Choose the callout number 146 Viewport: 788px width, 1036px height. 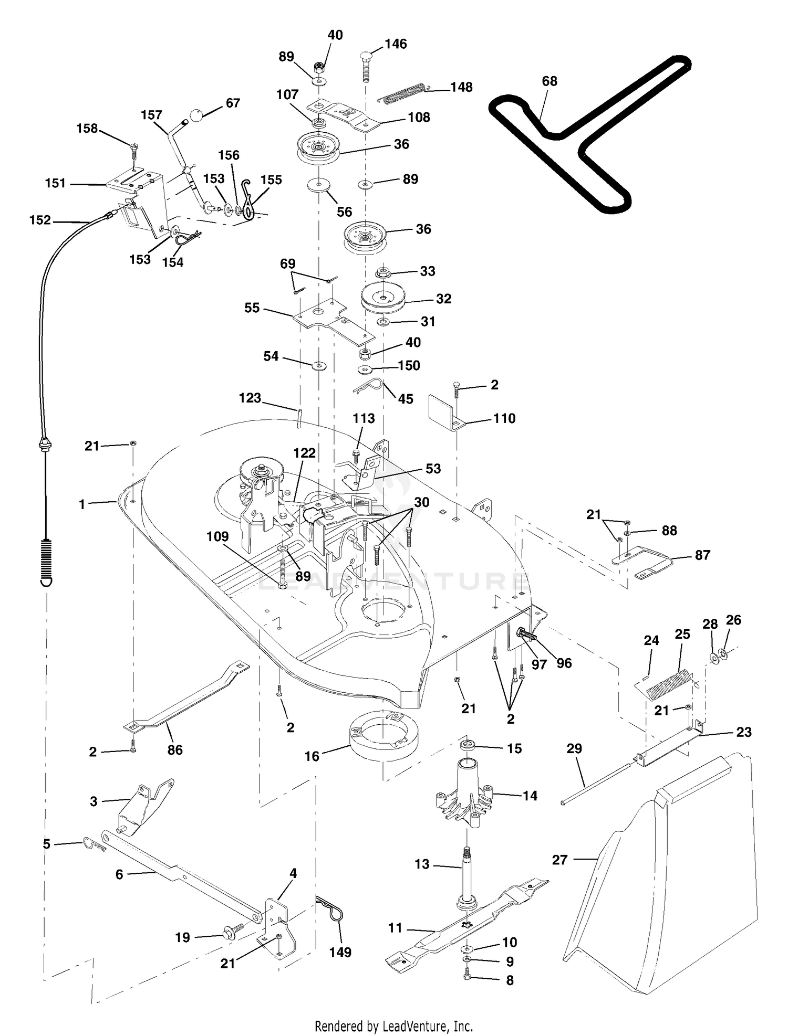pos(396,44)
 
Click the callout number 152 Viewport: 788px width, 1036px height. pos(40,220)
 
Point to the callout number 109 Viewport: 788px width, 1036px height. pos(217,536)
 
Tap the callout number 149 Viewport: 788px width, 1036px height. pos(340,952)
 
